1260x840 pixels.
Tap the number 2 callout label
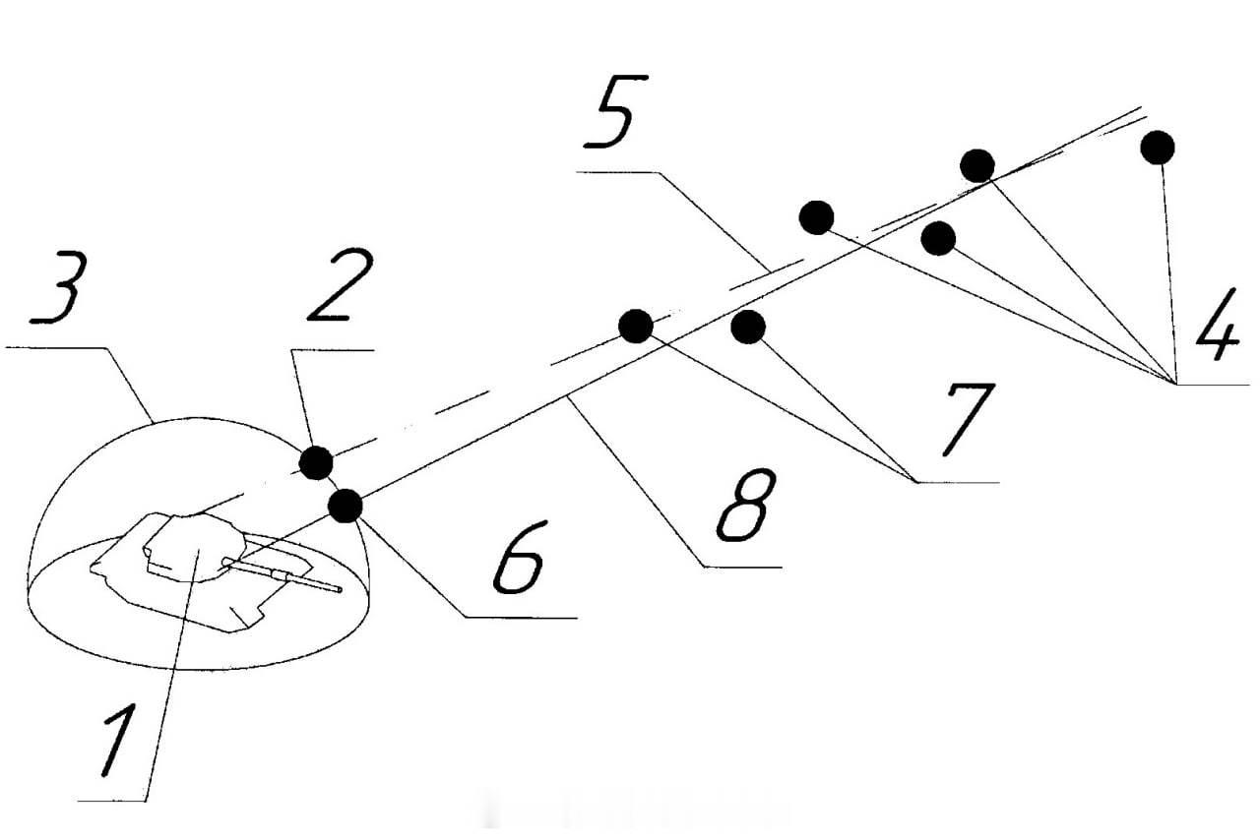pos(341,285)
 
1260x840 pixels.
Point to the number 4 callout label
pos(1217,324)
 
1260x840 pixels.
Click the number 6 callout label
pos(519,557)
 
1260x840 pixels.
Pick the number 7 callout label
pos(969,419)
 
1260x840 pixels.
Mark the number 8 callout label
pos(746,505)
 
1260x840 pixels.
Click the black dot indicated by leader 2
pos(316,462)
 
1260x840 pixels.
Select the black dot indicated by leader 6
pos(346,506)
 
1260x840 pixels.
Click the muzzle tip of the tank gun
pos(339,589)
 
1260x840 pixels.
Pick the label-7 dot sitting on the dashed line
pos(636,326)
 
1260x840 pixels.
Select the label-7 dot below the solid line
pos(747,327)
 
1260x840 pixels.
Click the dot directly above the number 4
pos(1157,148)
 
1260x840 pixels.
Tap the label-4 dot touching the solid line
pos(977,166)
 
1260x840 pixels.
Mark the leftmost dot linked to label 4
pos(816,217)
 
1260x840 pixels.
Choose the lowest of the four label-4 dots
pos(938,238)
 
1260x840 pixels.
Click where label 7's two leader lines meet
pos(916,482)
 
